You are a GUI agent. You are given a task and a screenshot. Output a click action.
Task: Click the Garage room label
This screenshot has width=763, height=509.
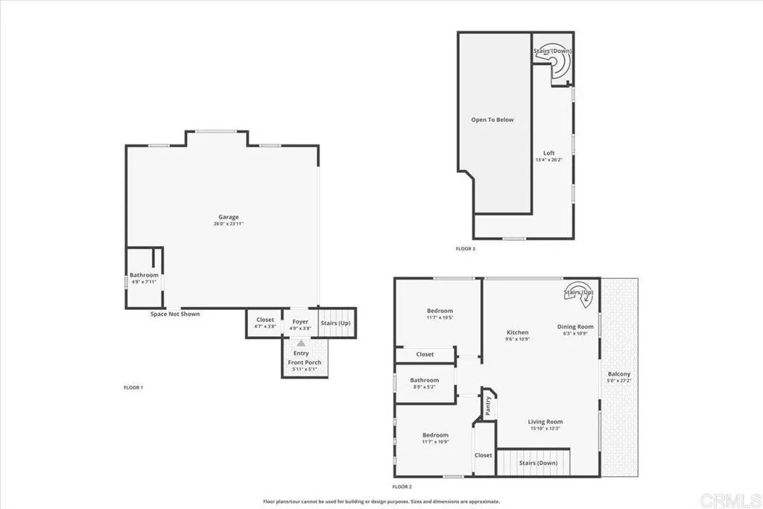point(228,217)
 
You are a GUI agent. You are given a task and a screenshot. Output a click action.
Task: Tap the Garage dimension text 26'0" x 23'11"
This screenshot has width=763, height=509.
point(228,224)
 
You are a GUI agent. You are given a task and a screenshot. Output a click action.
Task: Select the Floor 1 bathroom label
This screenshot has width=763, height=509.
point(144,275)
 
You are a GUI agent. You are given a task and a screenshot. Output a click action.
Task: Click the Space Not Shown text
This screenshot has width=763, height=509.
point(175,314)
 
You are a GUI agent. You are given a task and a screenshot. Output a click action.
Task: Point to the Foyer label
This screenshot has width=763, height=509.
point(300,321)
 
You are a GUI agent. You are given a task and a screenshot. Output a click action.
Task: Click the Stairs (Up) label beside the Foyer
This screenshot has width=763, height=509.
point(335,323)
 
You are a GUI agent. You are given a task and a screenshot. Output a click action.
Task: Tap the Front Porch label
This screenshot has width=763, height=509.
point(305,363)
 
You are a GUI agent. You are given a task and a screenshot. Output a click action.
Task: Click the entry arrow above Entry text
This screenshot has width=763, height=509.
point(301,344)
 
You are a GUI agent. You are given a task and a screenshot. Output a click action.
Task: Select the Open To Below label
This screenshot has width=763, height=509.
point(492,119)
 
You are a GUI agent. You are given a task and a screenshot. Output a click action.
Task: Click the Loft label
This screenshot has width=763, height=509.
point(549,154)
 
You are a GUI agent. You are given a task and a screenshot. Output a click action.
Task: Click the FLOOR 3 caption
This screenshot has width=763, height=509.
point(466,248)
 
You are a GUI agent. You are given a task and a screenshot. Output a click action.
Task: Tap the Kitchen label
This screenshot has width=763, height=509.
point(518,332)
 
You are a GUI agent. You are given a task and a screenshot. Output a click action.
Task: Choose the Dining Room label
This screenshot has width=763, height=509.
point(576,326)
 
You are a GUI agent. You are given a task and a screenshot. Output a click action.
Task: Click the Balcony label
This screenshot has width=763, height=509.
point(619,374)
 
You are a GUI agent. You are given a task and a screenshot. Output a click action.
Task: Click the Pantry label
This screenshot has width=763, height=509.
point(488,405)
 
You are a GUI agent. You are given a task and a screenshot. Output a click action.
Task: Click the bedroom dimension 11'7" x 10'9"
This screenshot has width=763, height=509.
point(435,442)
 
